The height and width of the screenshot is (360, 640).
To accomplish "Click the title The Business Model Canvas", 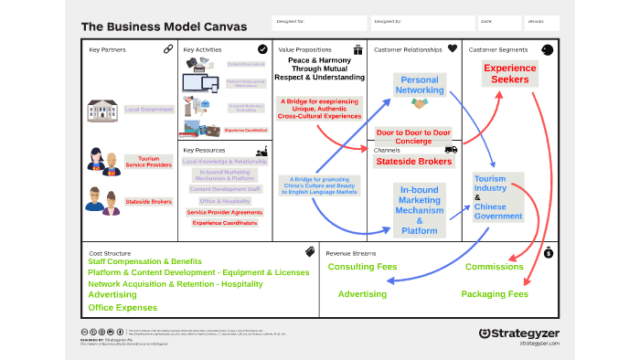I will point(164,27).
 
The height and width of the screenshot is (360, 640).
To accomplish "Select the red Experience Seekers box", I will point(510,73).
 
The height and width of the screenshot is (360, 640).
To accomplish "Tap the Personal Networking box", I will point(420,86).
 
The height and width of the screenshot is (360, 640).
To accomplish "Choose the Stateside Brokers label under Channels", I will point(413,161).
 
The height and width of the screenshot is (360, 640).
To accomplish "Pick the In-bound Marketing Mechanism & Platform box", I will point(420,209).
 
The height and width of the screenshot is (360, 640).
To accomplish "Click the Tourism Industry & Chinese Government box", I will point(498,196).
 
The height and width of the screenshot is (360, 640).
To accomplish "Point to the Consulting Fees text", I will point(362,267).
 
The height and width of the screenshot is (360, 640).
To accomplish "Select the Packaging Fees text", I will point(495,294).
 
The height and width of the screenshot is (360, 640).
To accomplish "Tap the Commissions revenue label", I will point(494,267).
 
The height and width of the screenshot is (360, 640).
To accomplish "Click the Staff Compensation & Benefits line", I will point(144,261).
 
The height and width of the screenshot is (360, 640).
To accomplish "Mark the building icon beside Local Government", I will point(102,111).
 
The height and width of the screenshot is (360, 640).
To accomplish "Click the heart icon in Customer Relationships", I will point(452,49).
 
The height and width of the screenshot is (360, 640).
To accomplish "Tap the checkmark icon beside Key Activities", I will point(262,49).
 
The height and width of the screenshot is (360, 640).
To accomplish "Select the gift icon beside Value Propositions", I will point(358,49).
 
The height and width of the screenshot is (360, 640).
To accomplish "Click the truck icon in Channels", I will point(451,149).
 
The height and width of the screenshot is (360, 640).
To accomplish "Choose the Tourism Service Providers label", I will point(148,163).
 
